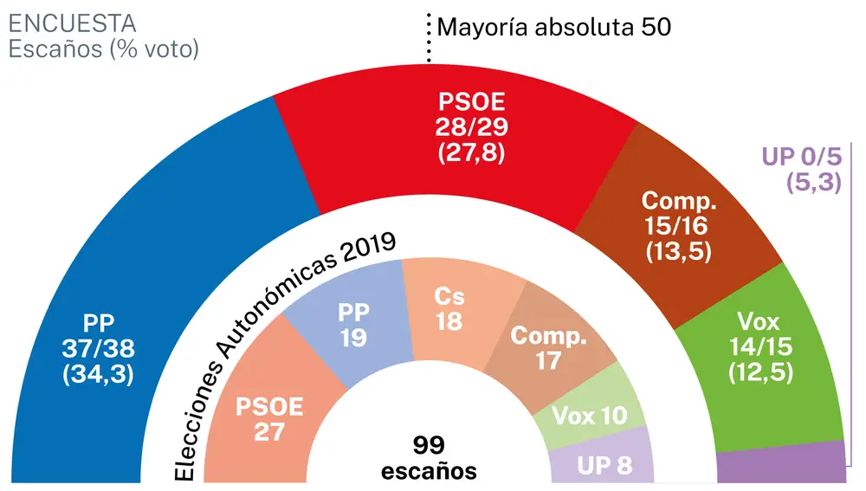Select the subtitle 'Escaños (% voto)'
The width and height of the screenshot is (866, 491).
(x=103, y=49)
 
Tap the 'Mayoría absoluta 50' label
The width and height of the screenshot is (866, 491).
(x=553, y=27)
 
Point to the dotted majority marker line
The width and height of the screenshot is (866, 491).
(x=428, y=39)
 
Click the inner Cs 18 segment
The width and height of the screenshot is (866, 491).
(x=449, y=308)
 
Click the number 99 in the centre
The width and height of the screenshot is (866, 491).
(x=429, y=446)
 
